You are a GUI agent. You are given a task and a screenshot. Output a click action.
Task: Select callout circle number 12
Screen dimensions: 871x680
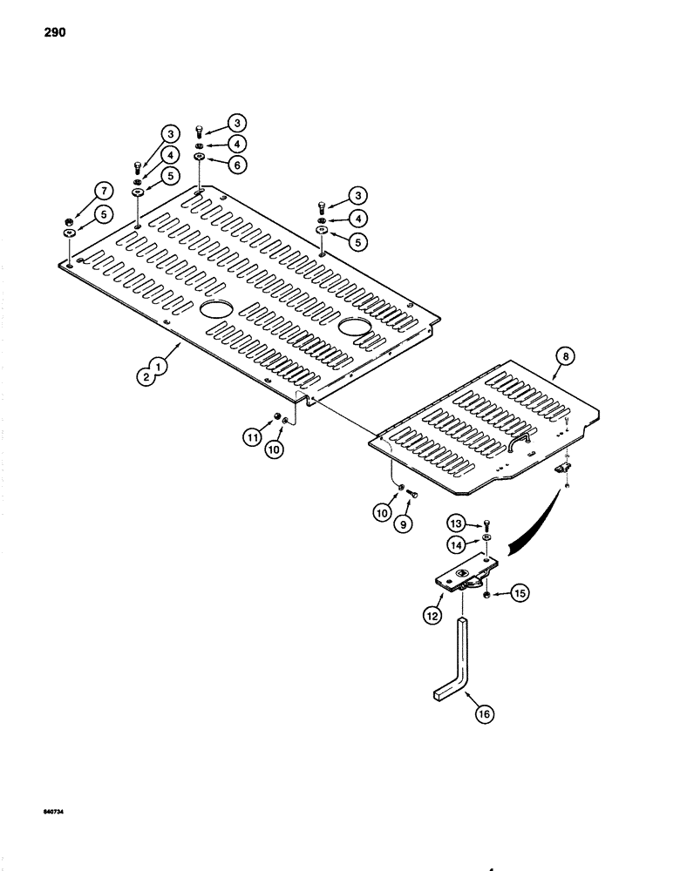432,613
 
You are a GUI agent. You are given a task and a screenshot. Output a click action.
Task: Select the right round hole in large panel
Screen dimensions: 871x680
354,327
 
